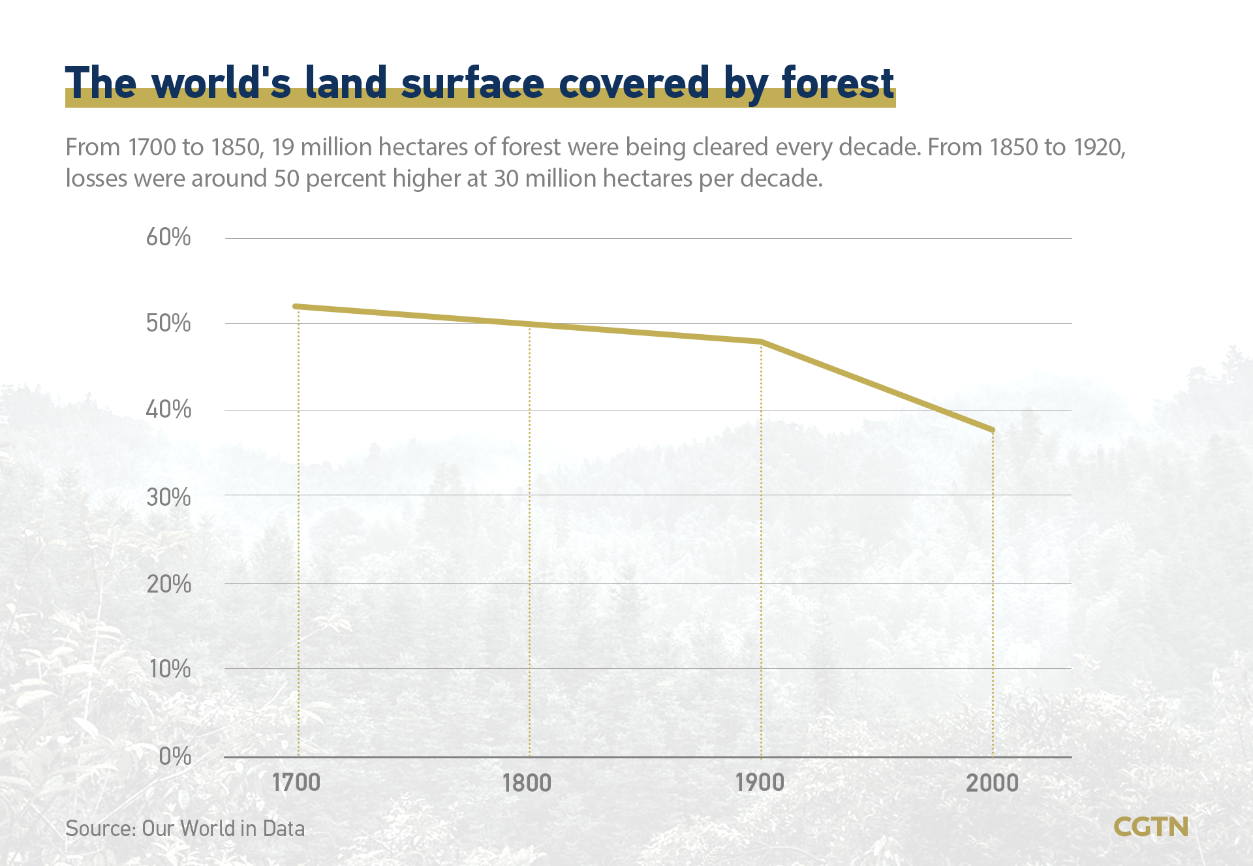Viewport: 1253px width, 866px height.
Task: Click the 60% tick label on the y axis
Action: pos(168,237)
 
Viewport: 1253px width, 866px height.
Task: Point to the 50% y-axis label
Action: pos(168,323)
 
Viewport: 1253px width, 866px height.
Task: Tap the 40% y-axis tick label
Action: pos(168,410)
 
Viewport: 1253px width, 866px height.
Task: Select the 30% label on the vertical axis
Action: pos(168,497)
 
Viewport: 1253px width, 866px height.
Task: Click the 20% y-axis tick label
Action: pos(168,584)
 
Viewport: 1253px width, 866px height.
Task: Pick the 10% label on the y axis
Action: pos(170,669)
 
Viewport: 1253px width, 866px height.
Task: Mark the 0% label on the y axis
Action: pos(175,756)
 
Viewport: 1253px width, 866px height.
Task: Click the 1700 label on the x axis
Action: pos(296,782)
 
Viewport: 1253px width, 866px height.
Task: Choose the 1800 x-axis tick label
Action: pos(527,782)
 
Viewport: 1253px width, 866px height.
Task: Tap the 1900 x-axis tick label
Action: pos(760,782)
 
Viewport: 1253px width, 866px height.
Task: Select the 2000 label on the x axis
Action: pos(992,782)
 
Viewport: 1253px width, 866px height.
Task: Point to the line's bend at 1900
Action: pos(761,341)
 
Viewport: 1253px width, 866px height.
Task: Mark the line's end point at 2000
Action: pos(992,429)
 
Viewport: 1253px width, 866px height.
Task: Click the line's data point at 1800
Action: pos(529,324)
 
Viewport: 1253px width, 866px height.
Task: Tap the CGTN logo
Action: pos(1151,827)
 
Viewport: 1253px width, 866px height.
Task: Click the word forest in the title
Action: pos(837,84)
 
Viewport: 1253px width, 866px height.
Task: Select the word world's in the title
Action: pos(221,84)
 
